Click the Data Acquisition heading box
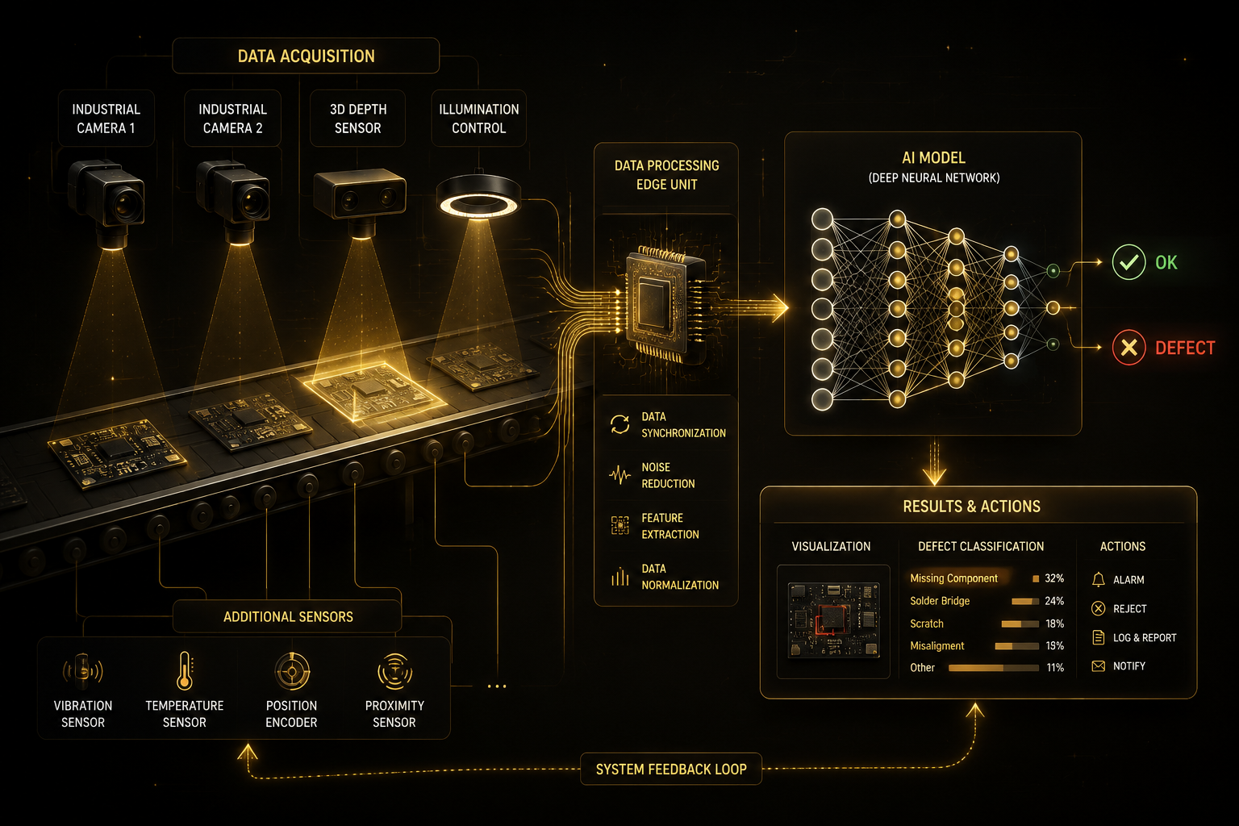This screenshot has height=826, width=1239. [x=306, y=56]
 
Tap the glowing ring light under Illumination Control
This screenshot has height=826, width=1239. [x=478, y=205]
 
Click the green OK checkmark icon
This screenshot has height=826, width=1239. [x=1128, y=262]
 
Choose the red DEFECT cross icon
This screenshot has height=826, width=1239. [x=1128, y=348]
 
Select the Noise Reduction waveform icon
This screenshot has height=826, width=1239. [x=619, y=474]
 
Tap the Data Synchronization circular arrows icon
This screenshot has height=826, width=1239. [x=619, y=425]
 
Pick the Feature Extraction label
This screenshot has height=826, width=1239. [x=670, y=526]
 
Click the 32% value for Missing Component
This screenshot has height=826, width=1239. [x=1054, y=578]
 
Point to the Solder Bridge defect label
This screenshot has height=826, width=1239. [x=940, y=601]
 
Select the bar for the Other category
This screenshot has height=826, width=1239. [x=994, y=668]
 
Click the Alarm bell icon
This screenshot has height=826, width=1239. [x=1099, y=579]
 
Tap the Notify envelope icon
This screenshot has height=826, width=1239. [x=1099, y=666]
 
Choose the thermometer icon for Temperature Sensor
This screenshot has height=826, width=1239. [x=184, y=670]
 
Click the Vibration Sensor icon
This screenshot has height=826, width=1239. [x=83, y=671]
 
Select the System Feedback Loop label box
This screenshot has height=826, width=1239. [x=671, y=769]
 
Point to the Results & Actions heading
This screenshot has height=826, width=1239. [x=971, y=507]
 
